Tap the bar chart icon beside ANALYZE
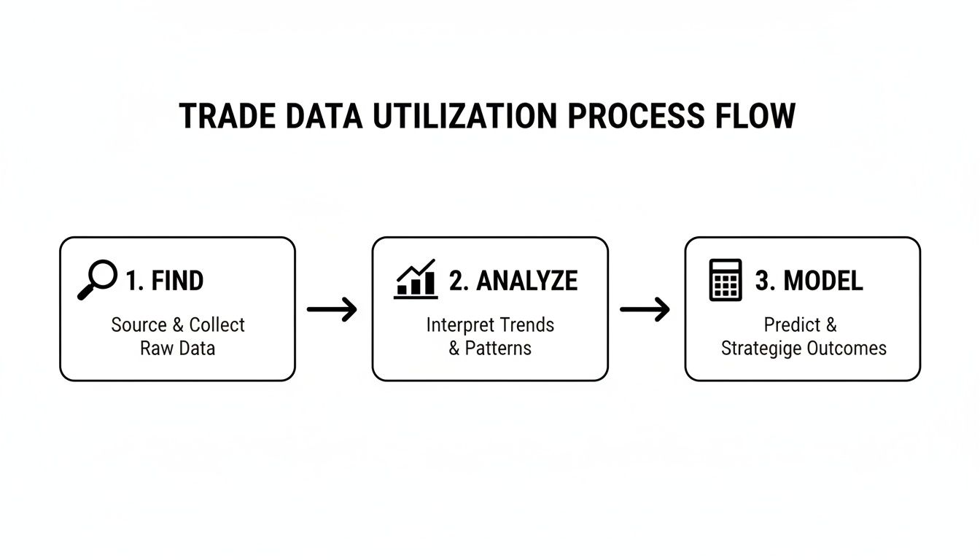click(416, 279)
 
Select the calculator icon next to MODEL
click(726, 280)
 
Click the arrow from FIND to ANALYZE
click(332, 309)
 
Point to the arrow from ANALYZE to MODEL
click(645, 309)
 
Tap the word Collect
click(217, 325)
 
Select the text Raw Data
click(177, 349)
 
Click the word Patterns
click(498, 349)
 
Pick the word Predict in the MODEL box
click(792, 325)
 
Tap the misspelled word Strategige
click(761, 349)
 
